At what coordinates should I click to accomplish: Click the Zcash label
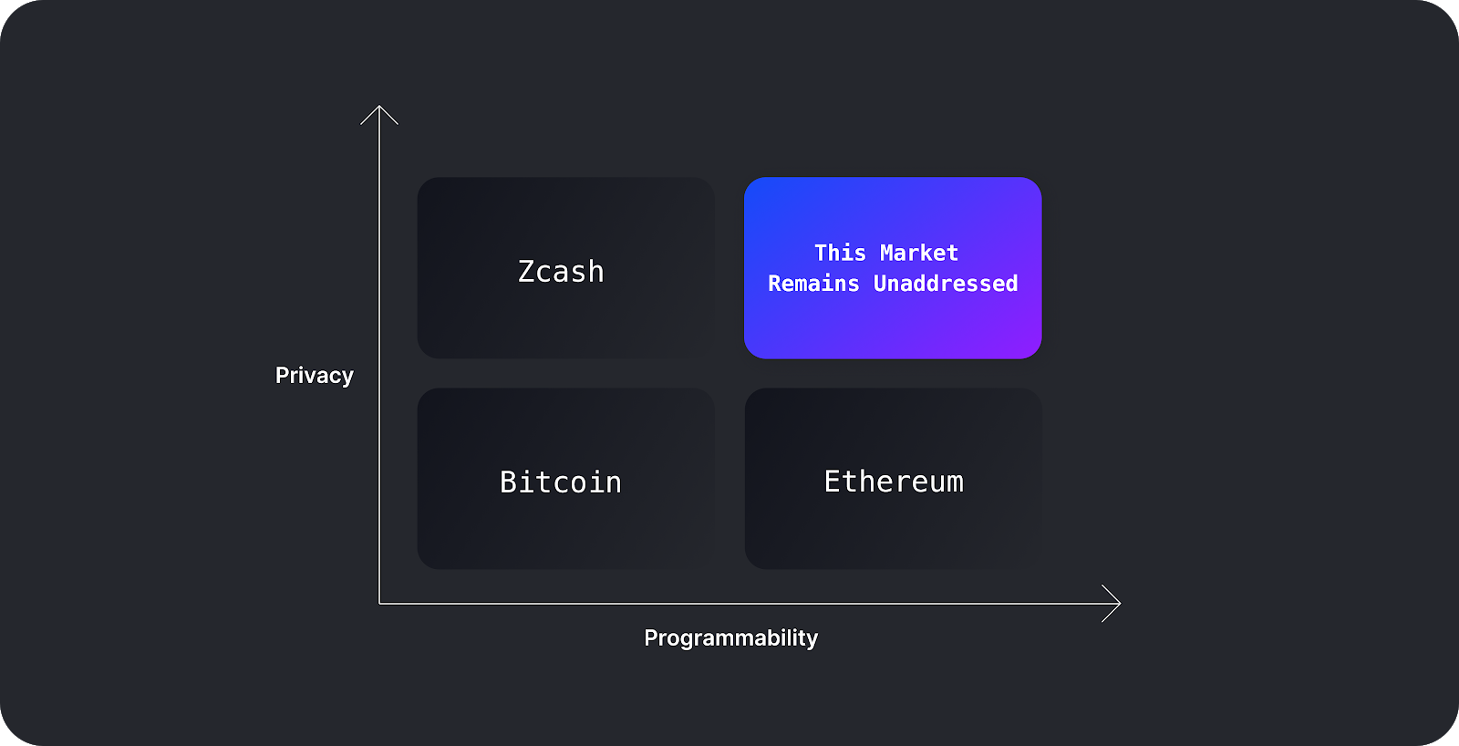[561, 271]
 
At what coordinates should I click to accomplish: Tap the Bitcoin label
[561, 482]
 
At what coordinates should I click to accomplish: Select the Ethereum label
[894, 481]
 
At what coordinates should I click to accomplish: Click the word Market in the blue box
[918, 253]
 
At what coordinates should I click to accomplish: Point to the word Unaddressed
[946, 284]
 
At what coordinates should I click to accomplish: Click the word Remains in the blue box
[813, 284]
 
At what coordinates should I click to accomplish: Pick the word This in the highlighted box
[840, 253]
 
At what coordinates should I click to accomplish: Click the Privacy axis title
[315, 375]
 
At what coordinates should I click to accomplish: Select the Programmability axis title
[730, 637]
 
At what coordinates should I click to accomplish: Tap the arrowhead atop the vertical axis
[379, 109]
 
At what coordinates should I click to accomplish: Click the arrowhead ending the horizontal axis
[1116, 603]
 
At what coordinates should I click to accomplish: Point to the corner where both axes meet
[379, 603]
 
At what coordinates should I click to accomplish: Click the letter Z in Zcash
[526, 272]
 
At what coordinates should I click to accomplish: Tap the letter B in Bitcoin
[508, 482]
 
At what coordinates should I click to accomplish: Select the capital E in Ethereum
[832, 481]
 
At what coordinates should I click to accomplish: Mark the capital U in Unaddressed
[881, 284]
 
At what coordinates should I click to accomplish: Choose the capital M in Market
[887, 253]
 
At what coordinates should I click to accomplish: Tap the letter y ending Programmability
[812, 639]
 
